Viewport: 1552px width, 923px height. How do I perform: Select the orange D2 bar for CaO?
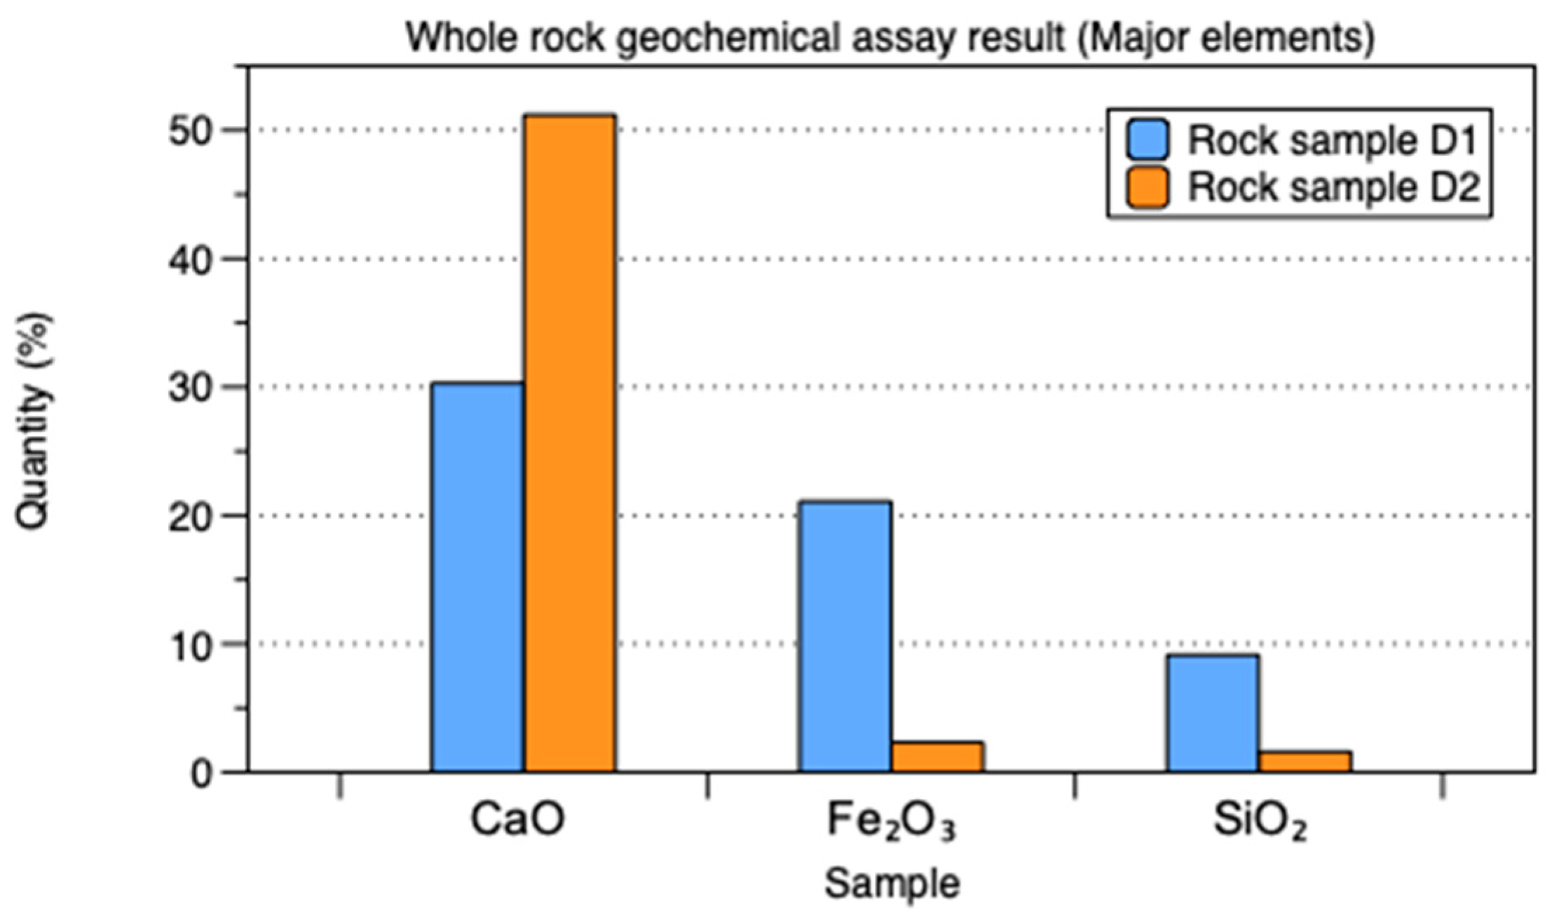(x=571, y=443)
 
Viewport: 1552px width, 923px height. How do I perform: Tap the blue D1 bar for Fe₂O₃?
(x=845, y=636)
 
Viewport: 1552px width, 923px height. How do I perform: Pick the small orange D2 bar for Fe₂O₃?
(x=937, y=757)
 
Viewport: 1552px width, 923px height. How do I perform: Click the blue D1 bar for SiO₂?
(x=1213, y=713)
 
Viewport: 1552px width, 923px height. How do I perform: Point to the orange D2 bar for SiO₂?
(x=1305, y=762)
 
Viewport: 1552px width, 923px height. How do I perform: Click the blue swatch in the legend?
(x=1148, y=139)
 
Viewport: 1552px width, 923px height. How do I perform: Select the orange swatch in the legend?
(x=1148, y=187)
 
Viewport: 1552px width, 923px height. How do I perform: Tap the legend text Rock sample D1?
(x=1333, y=140)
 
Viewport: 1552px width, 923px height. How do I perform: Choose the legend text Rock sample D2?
(x=1333, y=187)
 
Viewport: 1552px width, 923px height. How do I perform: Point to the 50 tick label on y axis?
(x=190, y=131)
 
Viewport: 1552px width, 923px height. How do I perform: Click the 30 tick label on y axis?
(x=190, y=388)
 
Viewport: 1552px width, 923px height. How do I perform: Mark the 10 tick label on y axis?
(x=190, y=645)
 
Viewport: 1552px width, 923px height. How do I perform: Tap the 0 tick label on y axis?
(x=202, y=774)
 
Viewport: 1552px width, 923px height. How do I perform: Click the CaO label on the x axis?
(x=517, y=819)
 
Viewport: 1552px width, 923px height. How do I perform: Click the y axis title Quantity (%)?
(x=34, y=421)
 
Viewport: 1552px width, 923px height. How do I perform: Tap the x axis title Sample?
(x=892, y=883)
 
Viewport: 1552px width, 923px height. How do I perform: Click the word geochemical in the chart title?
(x=729, y=37)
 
